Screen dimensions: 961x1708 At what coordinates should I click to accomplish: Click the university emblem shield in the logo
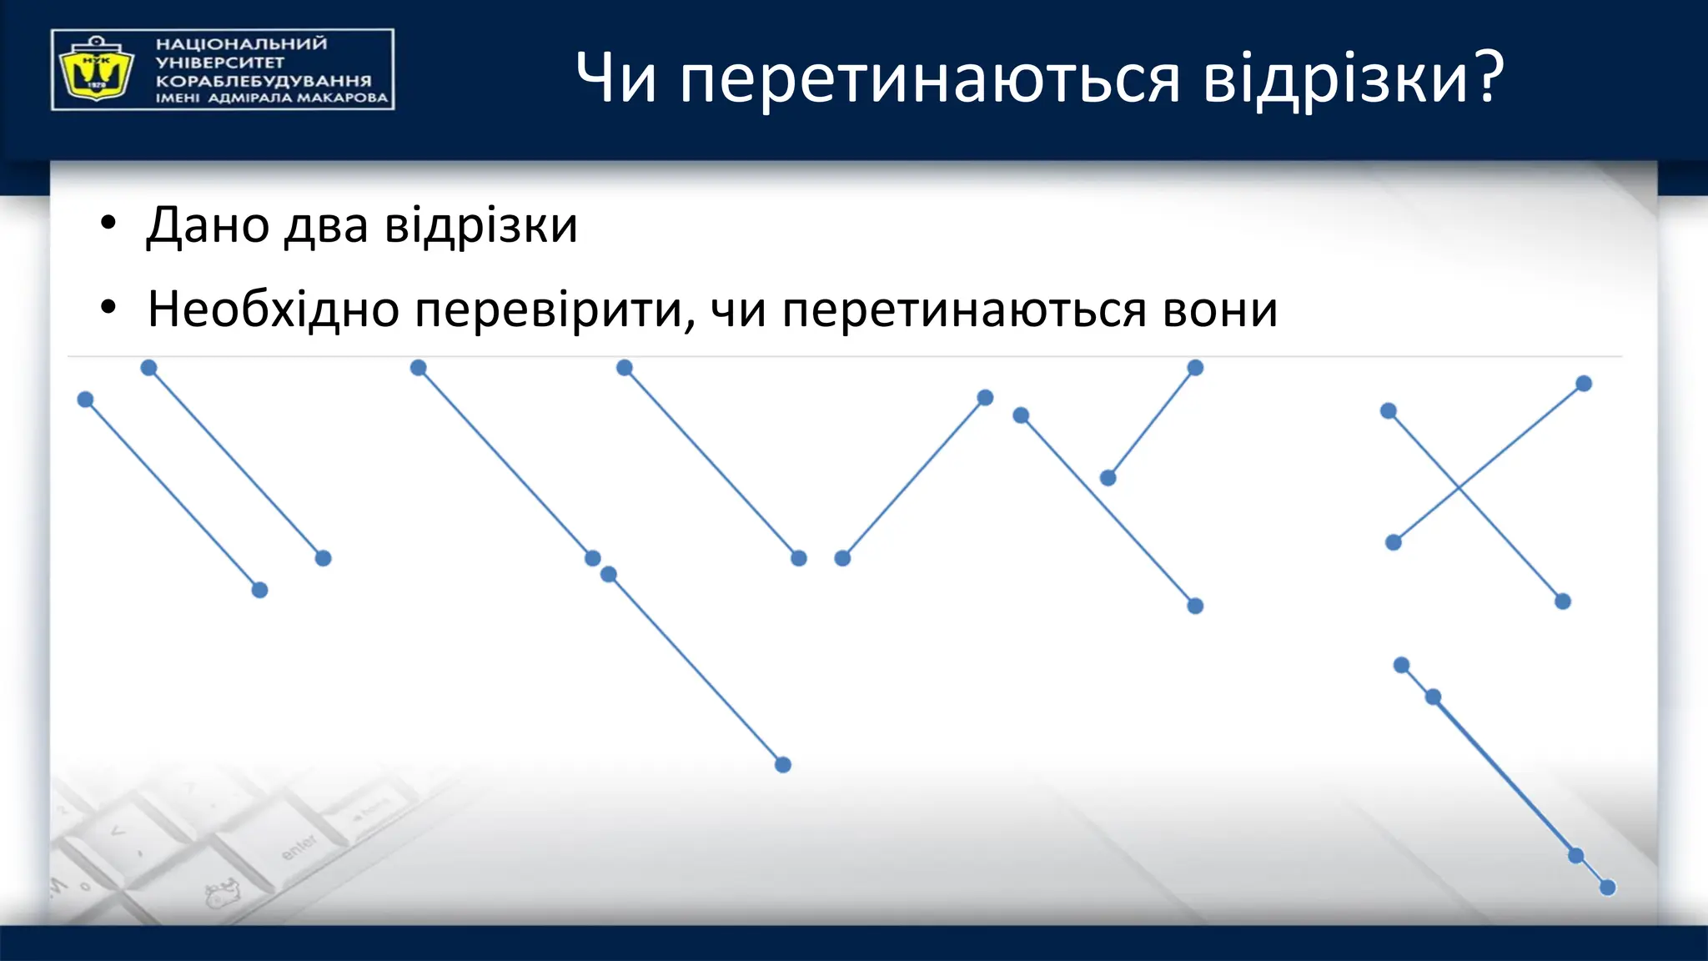tap(95, 70)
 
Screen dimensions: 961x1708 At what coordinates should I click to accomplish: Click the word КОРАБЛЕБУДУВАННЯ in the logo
tap(264, 81)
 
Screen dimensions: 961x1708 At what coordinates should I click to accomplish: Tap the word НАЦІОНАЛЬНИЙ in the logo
tap(242, 44)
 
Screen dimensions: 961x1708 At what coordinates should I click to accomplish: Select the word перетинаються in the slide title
tap(930, 79)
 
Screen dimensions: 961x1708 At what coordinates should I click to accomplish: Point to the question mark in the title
tap(1487, 77)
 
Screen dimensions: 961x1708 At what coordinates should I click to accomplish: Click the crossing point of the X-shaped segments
tap(1459, 487)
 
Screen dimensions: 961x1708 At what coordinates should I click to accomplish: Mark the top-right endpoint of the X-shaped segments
tap(1584, 384)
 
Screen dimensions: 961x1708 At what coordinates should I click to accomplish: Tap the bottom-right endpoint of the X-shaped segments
tap(1563, 601)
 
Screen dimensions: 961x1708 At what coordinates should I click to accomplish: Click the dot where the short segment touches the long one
tap(1108, 478)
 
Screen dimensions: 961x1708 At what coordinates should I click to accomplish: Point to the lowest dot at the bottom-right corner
tap(1608, 888)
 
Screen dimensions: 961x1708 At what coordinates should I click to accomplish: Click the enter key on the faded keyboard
tap(298, 848)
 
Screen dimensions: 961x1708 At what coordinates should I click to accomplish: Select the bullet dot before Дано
tap(108, 225)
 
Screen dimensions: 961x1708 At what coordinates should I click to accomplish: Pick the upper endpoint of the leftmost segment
tap(85, 400)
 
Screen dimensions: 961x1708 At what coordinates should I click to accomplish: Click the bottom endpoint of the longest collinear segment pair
tap(782, 765)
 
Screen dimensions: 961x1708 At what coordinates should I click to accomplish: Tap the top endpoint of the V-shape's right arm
tap(985, 398)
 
